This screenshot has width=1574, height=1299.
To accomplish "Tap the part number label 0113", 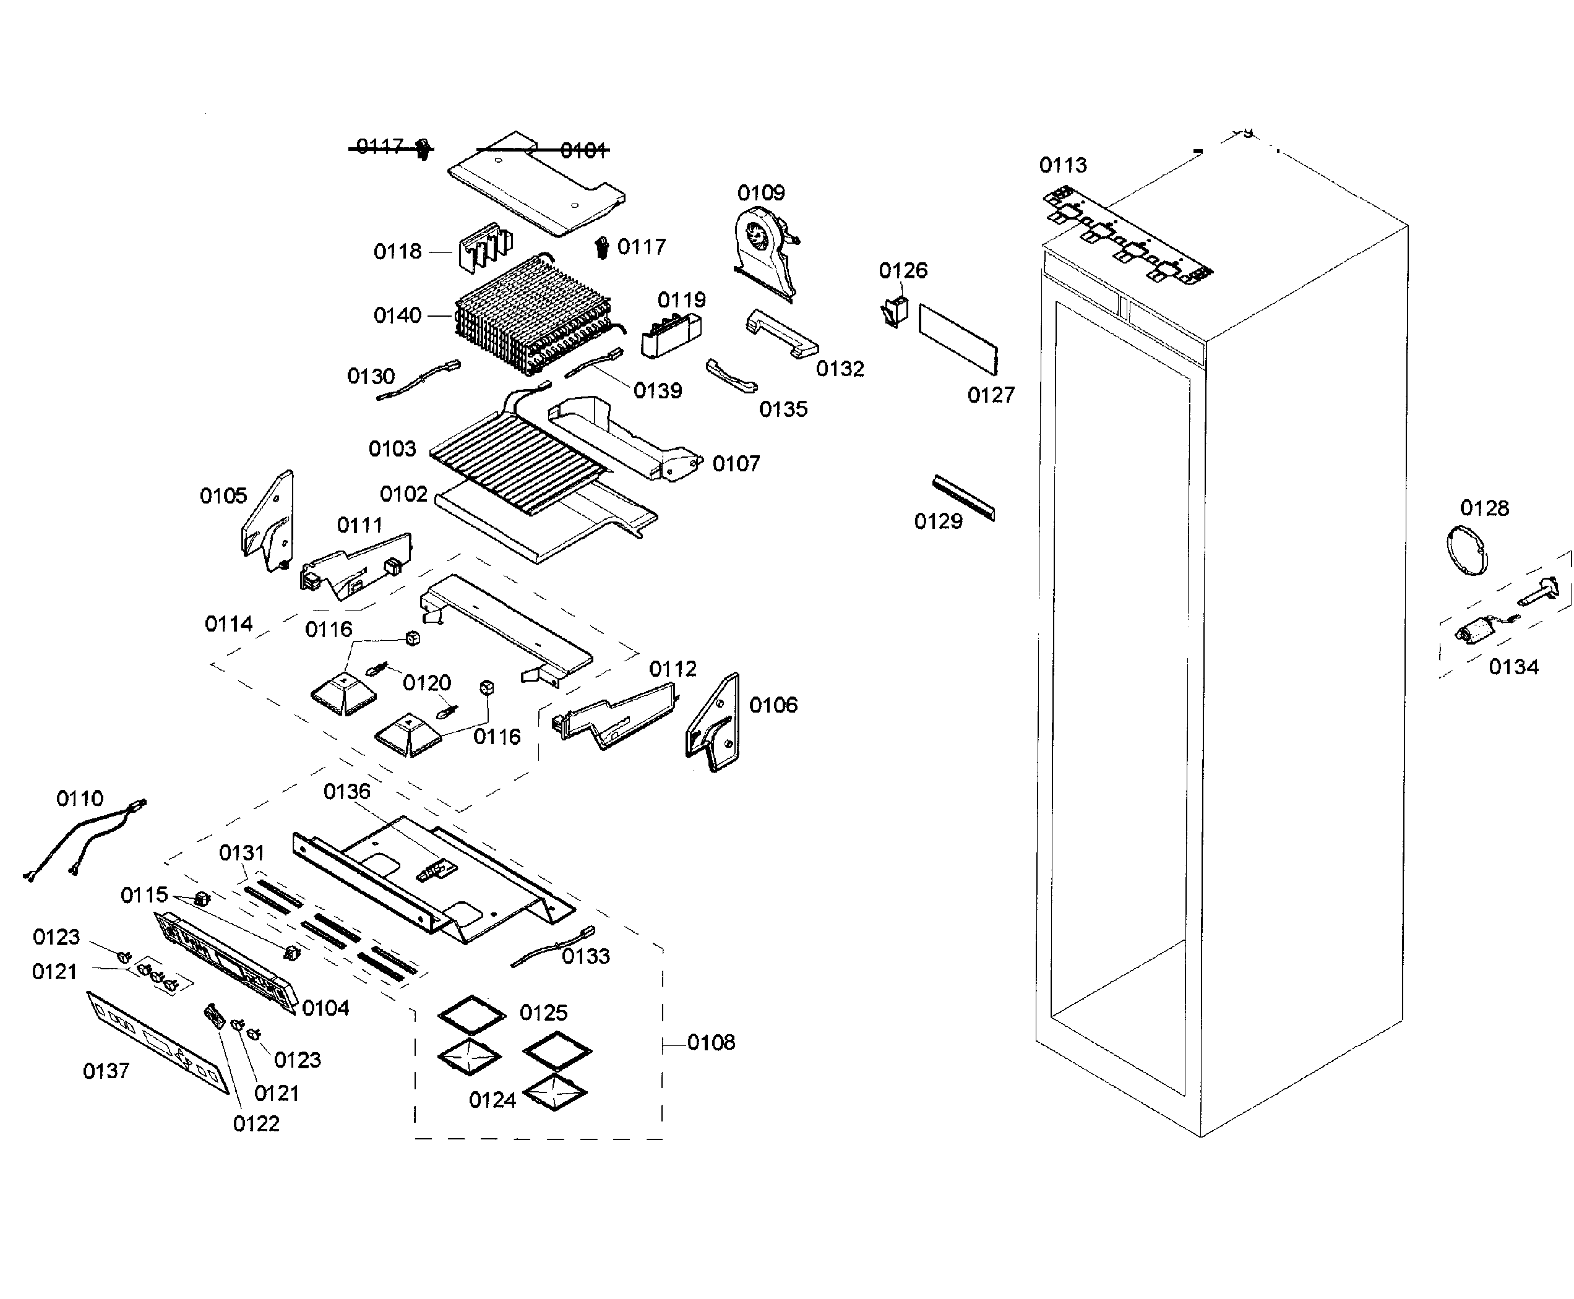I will coord(1063,165).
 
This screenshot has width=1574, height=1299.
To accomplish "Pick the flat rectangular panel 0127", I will coord(958,338).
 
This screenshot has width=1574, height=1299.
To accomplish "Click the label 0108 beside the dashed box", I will coord(711,1042).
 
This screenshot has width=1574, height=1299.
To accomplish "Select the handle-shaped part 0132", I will coord(781,334).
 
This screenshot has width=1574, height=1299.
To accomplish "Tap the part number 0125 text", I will coord(543,1013).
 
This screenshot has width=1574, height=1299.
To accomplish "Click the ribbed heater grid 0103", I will coord(517,464).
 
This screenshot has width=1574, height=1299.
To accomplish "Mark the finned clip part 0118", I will coord(485,246).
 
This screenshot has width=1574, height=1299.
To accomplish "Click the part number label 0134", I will coord(1513,667).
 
